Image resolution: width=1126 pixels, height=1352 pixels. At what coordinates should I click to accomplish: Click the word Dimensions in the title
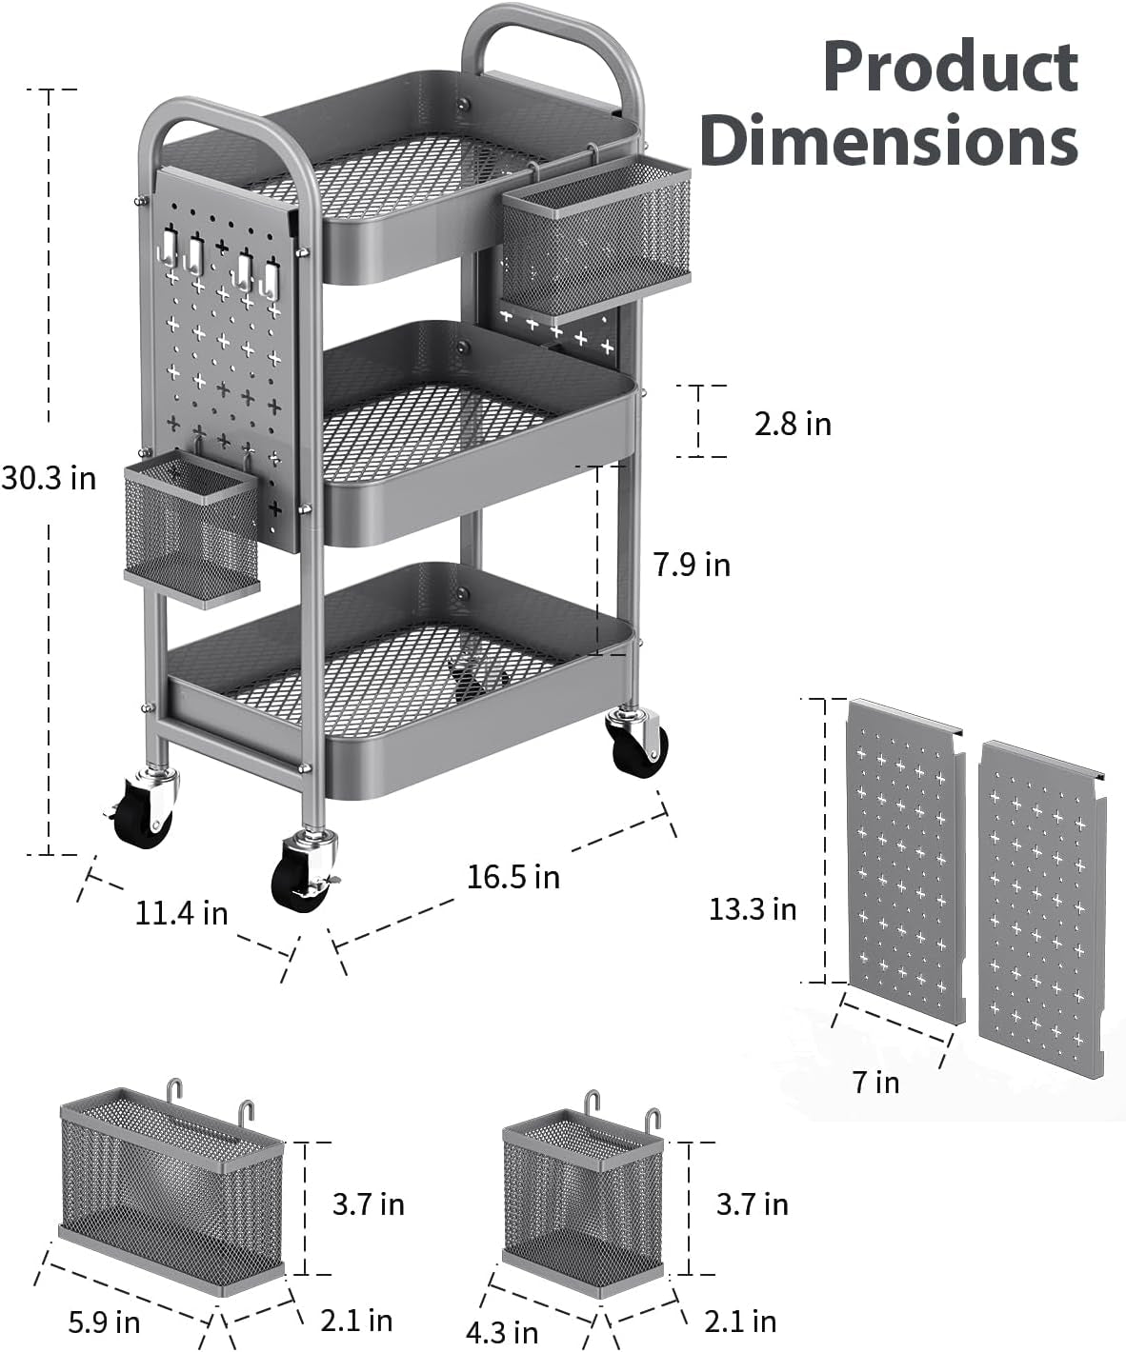888,141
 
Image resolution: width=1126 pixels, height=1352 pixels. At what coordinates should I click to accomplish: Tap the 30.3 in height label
50,478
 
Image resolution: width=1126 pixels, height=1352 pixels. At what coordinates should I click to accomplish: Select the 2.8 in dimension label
793,424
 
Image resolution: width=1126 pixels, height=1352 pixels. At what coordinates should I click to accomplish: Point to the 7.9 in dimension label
692,565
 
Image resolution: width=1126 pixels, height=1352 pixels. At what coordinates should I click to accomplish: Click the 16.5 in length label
513,876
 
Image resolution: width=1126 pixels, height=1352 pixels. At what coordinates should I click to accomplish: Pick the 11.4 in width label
181,913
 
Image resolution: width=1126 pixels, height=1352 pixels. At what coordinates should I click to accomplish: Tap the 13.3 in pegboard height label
753,909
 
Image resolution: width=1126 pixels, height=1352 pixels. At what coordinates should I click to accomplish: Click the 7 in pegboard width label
875,1083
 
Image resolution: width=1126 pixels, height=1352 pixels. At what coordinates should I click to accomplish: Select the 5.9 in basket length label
104,1322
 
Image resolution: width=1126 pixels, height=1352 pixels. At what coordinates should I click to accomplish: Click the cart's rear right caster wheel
637,744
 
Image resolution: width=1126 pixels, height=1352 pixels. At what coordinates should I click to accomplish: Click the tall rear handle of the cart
553,38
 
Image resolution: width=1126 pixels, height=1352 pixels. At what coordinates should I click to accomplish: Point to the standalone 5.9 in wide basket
171,1190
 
